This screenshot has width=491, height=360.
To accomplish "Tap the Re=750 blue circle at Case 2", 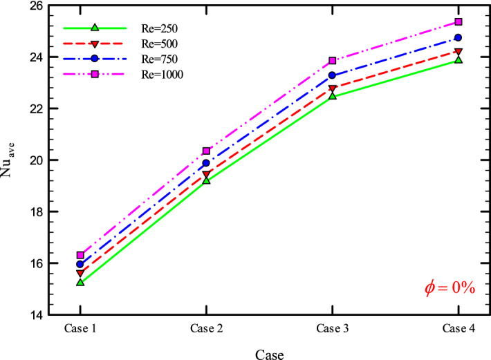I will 206,163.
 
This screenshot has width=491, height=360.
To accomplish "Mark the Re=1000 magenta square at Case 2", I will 206,151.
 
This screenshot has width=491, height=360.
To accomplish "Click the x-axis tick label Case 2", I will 206,328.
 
